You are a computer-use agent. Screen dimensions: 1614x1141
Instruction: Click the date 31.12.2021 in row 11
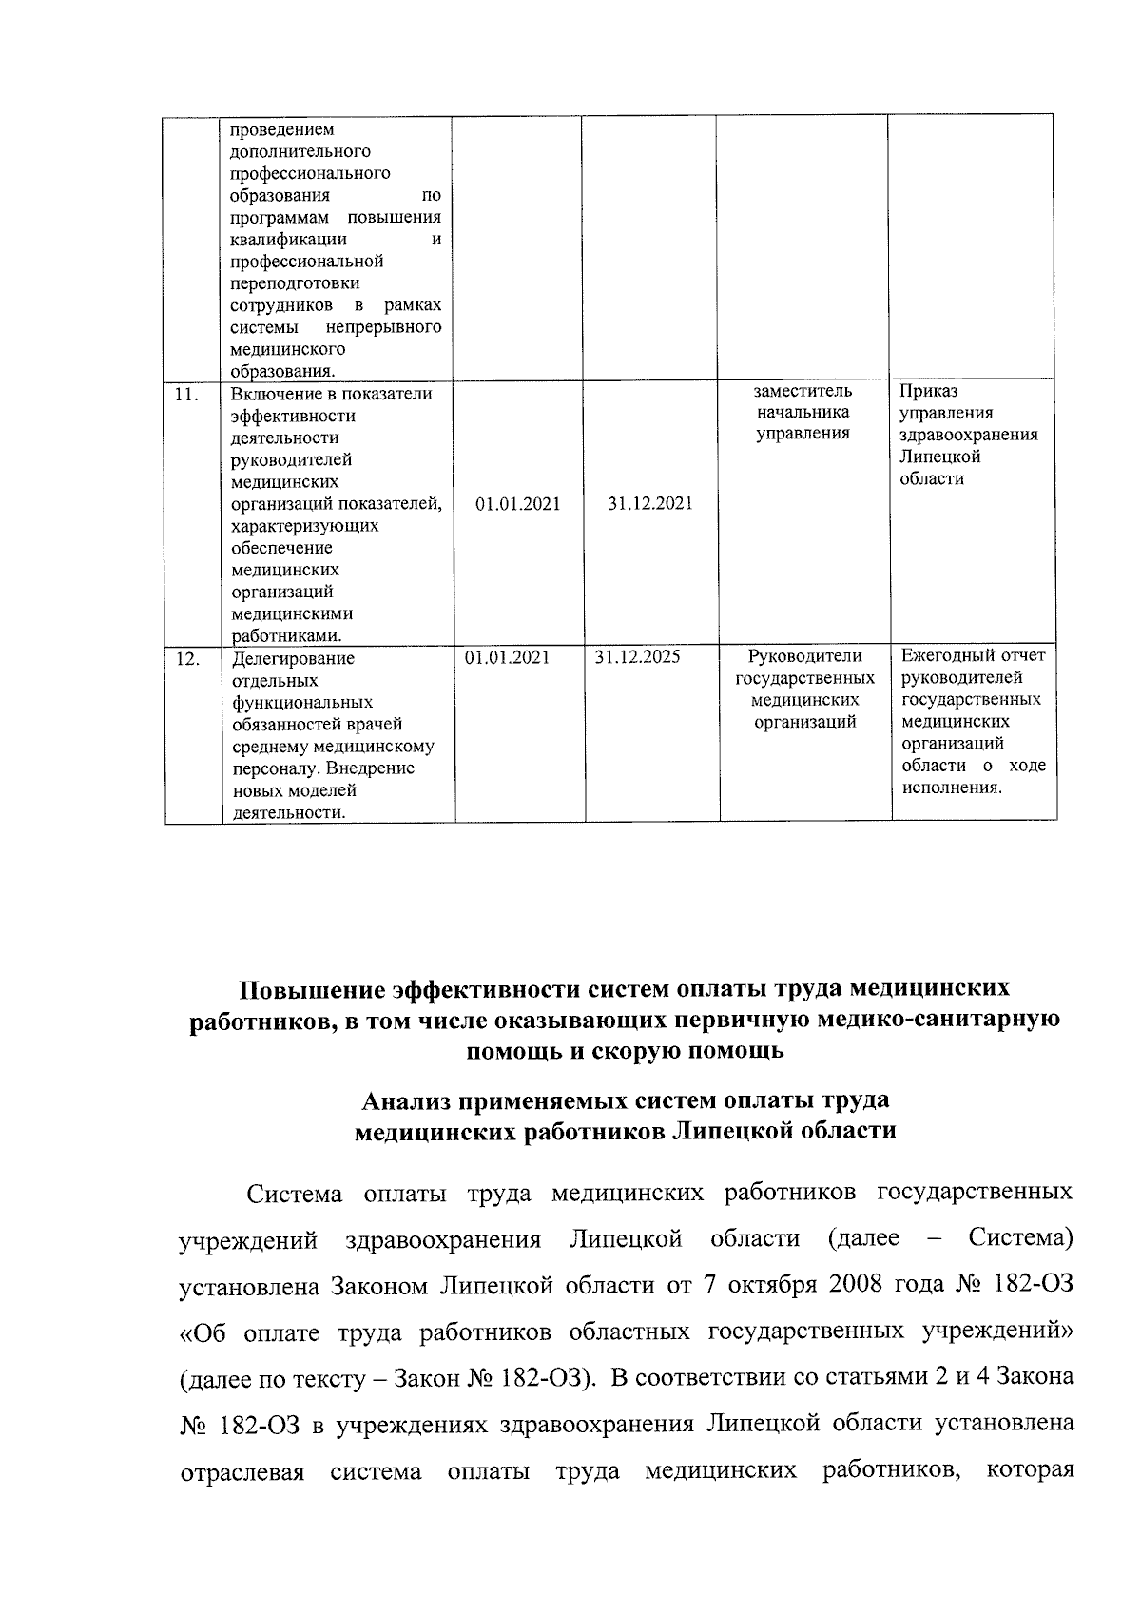coord(650,504)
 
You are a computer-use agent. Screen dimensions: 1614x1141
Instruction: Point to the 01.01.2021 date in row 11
coord(518,504)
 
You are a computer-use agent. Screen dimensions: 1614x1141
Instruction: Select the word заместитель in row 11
coord(803,391)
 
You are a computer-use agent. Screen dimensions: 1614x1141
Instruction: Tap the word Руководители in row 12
coord(804,656)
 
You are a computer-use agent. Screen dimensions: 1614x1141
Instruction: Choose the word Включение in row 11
coord(272,394)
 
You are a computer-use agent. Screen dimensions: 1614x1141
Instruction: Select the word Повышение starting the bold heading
coord(310,989)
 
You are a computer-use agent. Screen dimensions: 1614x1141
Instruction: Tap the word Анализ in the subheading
coord(405,1100)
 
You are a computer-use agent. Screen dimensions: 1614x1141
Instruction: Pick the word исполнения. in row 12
coord(953,788)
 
